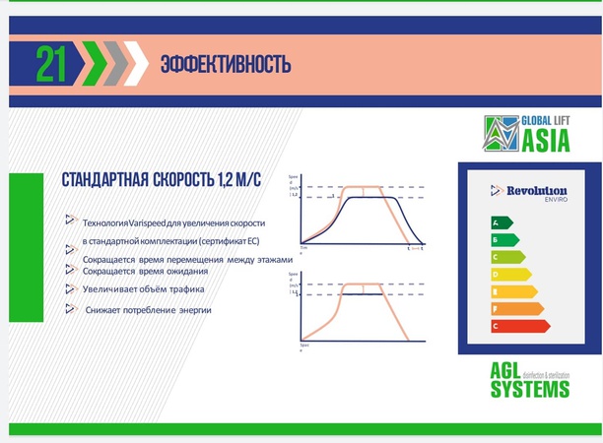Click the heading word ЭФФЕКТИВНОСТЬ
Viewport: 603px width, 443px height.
point(226,65)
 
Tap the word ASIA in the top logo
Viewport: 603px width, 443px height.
point(545,141)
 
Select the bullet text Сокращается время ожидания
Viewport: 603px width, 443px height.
point(144,271)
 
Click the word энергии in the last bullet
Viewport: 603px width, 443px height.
point(195,310)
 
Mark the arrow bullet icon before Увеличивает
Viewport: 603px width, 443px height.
point(71,288)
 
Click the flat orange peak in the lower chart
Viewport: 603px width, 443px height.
point(364,284)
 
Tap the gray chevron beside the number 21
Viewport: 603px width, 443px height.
point(118,64)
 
